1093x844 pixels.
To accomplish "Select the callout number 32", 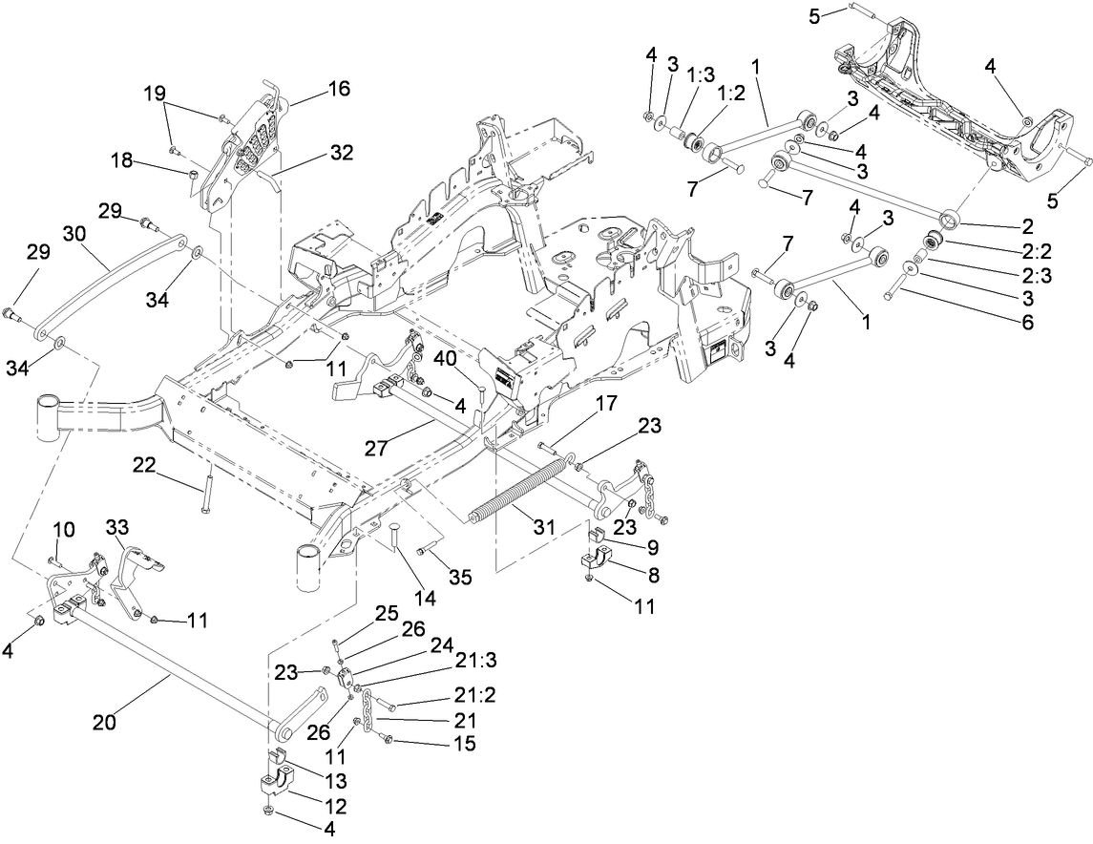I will point(341,151).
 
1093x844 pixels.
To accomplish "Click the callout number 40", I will point(446,359).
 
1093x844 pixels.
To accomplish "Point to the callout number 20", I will point(104,722).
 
